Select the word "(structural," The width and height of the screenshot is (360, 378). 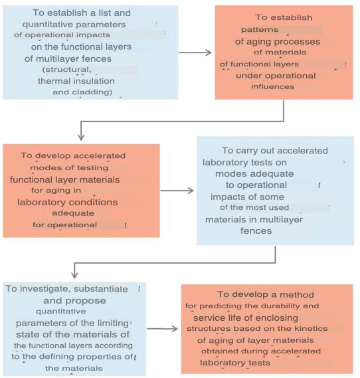[x=66, y=70]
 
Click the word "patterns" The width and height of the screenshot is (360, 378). [x=260, y=30]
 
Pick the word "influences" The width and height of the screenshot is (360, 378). [x=272, y=86]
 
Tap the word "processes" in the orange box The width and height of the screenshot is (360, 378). [x=300, y=42]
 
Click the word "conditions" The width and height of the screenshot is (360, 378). [x=96, y=202]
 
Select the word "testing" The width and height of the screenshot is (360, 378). [x=95, y=168]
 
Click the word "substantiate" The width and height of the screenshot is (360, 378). [x=101, y=289]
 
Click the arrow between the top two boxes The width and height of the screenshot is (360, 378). [x=195, y=52]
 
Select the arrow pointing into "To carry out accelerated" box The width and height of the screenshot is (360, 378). [x=177, y=191]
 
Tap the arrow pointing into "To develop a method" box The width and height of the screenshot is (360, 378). [x=162, y=329]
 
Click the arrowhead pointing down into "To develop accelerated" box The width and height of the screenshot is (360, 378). [x=81, y=137]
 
